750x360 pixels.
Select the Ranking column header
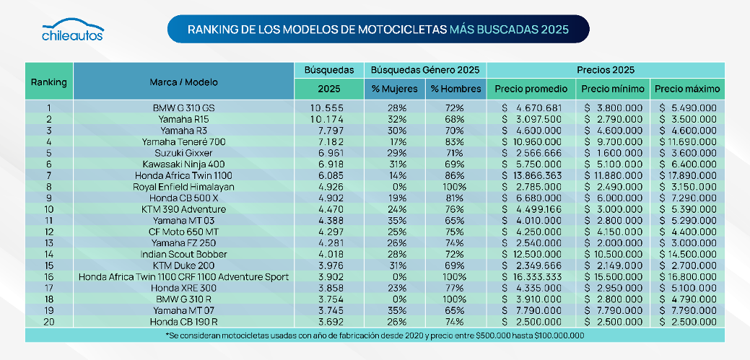[49, 82]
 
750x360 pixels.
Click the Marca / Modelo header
[184, 82]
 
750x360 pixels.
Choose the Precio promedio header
[531, 89]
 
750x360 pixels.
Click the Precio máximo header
[686, 89]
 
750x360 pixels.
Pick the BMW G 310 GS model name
[184, 107]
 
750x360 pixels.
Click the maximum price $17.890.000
[687, 174]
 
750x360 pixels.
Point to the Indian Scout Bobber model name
[184, 254]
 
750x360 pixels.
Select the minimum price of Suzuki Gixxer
[612, 152]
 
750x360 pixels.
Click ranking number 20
[49, 320]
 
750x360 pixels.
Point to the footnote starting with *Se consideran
[375, 335]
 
